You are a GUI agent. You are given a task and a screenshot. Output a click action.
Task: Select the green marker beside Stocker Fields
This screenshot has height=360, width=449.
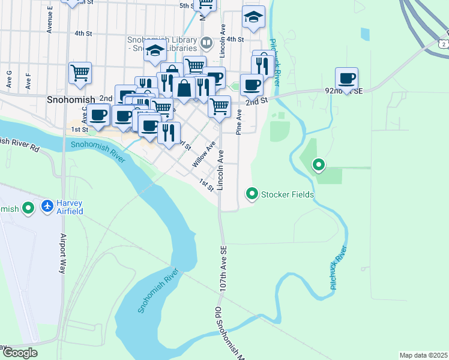(252, 194)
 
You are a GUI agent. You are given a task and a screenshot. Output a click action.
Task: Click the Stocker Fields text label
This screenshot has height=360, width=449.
(287, 194)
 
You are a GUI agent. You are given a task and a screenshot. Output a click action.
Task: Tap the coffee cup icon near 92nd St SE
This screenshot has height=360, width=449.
(347, 78)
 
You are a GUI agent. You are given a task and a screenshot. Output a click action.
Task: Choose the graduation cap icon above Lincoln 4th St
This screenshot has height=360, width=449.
(253, 18)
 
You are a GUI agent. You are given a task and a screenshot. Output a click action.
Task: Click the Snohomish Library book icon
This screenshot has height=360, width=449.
(206, 43)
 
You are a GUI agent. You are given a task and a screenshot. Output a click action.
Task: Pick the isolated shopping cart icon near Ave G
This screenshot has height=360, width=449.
(80, 73)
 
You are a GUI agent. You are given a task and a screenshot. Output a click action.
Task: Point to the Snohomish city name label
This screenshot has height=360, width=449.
(70, 99)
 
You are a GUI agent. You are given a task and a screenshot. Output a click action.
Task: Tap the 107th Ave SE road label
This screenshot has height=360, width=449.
(223, 267)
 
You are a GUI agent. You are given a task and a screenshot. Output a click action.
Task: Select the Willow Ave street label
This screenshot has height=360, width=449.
(203, 154)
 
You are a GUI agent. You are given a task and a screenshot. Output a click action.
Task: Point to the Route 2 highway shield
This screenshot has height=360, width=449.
(442, 44)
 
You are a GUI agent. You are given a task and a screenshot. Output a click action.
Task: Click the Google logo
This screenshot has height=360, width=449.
(19, 352)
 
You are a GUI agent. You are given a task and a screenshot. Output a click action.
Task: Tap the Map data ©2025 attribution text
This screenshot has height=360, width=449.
(423, 355)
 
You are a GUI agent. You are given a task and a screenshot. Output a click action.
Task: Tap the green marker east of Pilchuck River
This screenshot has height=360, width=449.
(319, 164)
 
